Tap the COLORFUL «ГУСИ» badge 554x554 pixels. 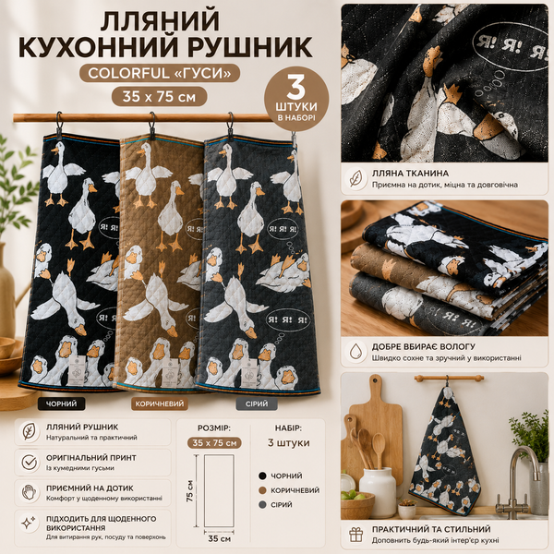tap(160, 73)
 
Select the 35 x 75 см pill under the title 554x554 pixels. tap(160, 96)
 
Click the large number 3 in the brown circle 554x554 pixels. tap(295, 88)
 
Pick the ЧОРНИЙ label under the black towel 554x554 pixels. tap(62, 403)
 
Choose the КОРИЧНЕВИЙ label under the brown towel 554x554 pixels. tap(160, 403)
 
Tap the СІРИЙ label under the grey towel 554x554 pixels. tap(257, 403)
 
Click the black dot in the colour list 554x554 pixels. tap(262, 476)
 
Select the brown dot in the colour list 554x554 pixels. tap(262, 490)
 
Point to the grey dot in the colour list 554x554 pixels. tap(262, 504)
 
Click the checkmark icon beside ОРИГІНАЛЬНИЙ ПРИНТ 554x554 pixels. tap(29, 463)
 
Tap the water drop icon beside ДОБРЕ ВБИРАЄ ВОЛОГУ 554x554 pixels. tap(356, 352)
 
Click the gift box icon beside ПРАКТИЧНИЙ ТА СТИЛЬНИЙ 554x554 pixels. tap(356, 535)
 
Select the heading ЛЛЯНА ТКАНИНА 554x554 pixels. tap(410, 174)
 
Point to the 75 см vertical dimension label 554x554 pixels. tap(189, 491)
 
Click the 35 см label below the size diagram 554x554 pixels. tap(220, 539)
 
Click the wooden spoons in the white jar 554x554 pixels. tap(368, 449)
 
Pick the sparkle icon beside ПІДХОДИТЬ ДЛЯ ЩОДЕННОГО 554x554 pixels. tap(29, 523)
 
